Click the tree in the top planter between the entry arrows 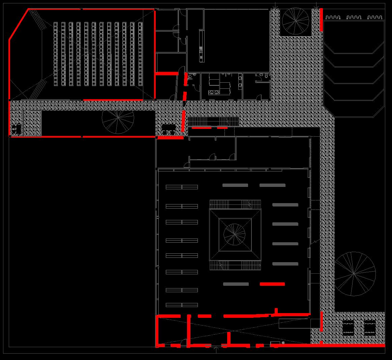(296, 21)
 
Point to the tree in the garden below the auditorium (118, 118)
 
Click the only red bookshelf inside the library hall (272, 284)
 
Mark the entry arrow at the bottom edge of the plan (216, 350)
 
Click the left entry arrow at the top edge (276, 5)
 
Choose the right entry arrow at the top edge (316, 5)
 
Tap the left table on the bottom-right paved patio (349, 327)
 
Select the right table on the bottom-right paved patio (369, 327)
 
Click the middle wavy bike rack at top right (354, 17)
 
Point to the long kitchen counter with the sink (201, 45)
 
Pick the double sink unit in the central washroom (213, 92)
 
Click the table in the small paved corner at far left (16, 129)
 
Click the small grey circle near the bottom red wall (283, 343)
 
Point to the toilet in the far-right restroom (266, 77)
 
